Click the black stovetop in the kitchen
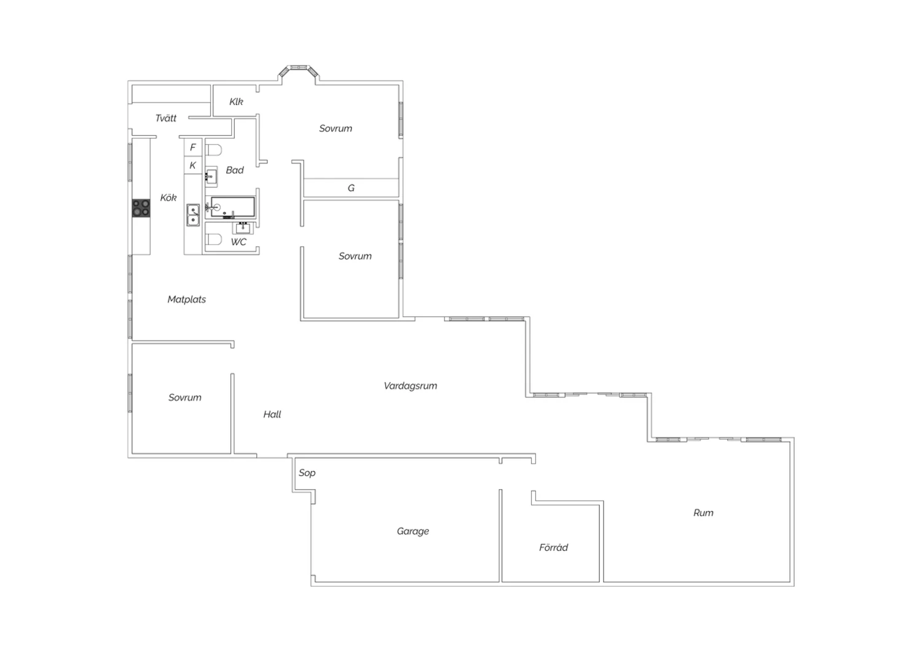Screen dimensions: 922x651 coord(141,208)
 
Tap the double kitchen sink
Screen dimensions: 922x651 coord(193,215)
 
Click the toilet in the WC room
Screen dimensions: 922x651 coord(214,239)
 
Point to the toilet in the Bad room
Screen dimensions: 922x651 coord(214,150)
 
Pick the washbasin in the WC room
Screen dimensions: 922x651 coord(242,227)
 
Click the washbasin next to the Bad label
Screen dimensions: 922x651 coord(211,177)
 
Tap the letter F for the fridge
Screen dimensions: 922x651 coord(193,147)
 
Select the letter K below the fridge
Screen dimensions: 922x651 coord(192,165)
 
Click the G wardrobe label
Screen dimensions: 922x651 coord(351,188)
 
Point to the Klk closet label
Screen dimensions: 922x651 coord(236,101)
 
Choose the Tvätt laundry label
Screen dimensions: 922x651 coord(166,119)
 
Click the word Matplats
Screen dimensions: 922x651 coord(186,299)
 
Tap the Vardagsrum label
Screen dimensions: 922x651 coord(411,386)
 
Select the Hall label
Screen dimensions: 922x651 coord(272,414)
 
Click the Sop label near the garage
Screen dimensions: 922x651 coord(307,473)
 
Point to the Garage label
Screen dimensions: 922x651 coord(413,531)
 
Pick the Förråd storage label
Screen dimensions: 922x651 coord(554,547)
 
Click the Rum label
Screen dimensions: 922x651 coord(703,513)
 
